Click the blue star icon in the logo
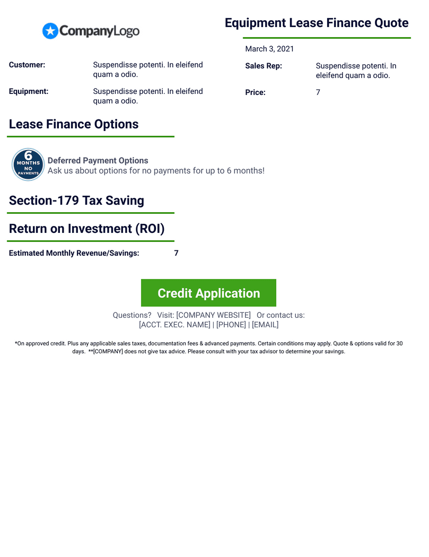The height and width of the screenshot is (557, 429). (50, 31)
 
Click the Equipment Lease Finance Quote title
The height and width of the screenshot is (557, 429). (317, 23)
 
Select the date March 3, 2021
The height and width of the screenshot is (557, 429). (269, 49)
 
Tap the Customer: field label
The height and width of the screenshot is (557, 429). (27, 65)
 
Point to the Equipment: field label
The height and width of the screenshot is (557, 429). (29, 91)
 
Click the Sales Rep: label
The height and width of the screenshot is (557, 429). (264, 66)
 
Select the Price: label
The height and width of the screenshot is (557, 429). (255, 92)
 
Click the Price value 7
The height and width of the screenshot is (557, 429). (318, 92)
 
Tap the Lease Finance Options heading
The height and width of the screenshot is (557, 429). (74, 124)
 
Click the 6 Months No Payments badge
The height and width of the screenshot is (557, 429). (28, 164)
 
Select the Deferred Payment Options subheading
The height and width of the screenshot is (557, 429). (98, 160)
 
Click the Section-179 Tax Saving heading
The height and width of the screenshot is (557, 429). (76, 201)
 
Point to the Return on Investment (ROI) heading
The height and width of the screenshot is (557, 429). (87, 229)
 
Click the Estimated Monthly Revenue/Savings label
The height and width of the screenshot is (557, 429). (74, 253)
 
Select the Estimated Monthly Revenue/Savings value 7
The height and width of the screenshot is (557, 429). (176, 253)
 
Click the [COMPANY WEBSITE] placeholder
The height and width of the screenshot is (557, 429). (213, 315)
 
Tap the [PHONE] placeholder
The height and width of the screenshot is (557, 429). (231, 325)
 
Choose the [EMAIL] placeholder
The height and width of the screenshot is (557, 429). (265, 325)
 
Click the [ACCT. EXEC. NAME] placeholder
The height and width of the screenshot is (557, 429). (174, 325)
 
